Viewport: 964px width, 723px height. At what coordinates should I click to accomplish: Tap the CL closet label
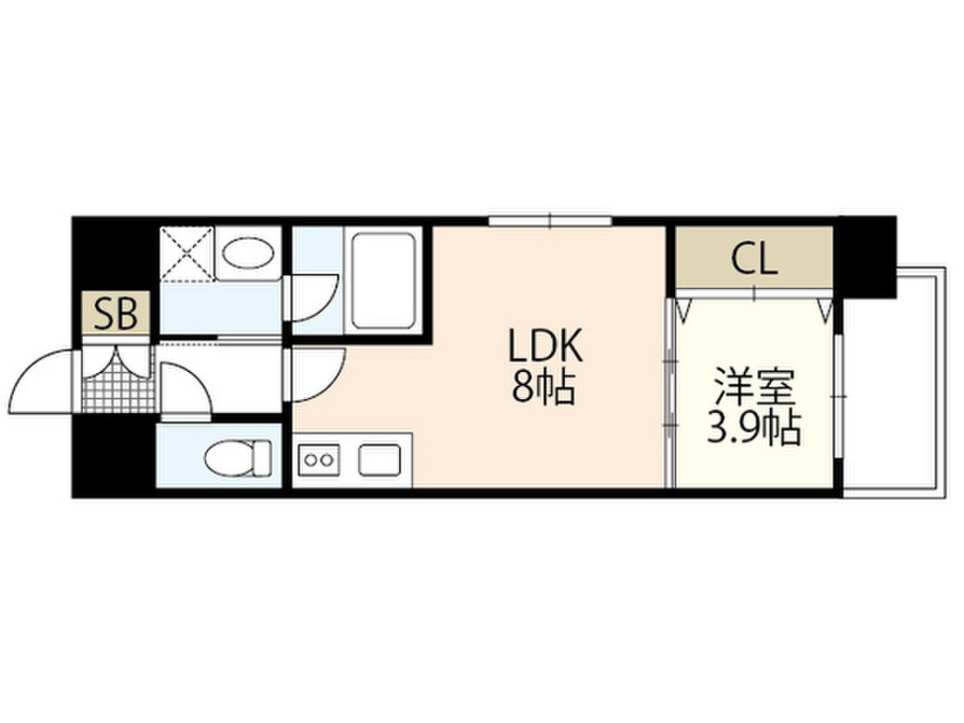(x=755, y=259)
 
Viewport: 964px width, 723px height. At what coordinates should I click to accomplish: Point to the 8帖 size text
(x=543, y=388)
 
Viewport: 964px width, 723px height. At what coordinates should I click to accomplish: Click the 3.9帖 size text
(x=753, y=429)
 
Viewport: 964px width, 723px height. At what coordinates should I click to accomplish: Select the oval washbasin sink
(x=249, y=252)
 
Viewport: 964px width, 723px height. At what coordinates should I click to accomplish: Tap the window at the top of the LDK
(x=550, y=221)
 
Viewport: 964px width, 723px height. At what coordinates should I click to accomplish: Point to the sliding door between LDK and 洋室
(x=669, y=391)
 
